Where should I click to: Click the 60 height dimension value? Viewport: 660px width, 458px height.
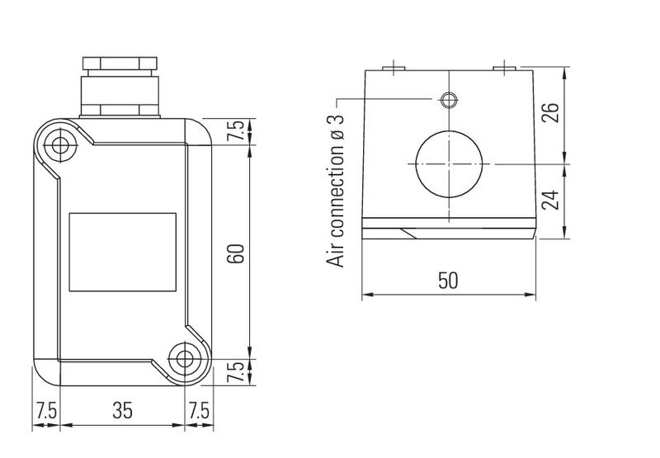coord(236,253)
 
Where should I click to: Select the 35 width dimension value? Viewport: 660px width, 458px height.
coord(122,410)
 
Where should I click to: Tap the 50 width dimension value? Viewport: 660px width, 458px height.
coord(448,281)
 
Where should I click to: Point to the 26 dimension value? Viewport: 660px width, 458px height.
coord(550,112)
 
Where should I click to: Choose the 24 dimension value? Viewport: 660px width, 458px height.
coord(550,201)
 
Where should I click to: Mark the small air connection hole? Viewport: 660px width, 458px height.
coord(449,100)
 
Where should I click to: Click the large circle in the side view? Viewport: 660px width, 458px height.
coord(449,163)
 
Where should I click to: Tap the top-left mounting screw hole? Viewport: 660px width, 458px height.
coord(60,146)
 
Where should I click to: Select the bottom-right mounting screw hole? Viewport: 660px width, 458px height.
coord(184,359)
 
